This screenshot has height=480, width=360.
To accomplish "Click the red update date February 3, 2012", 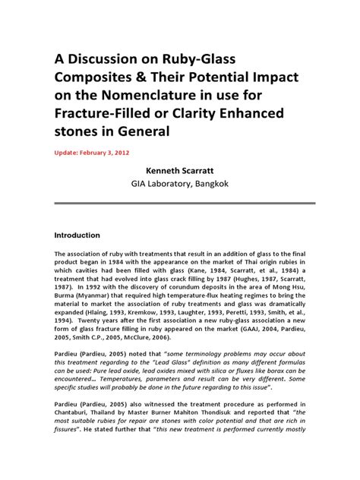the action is (x=112, y=153).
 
